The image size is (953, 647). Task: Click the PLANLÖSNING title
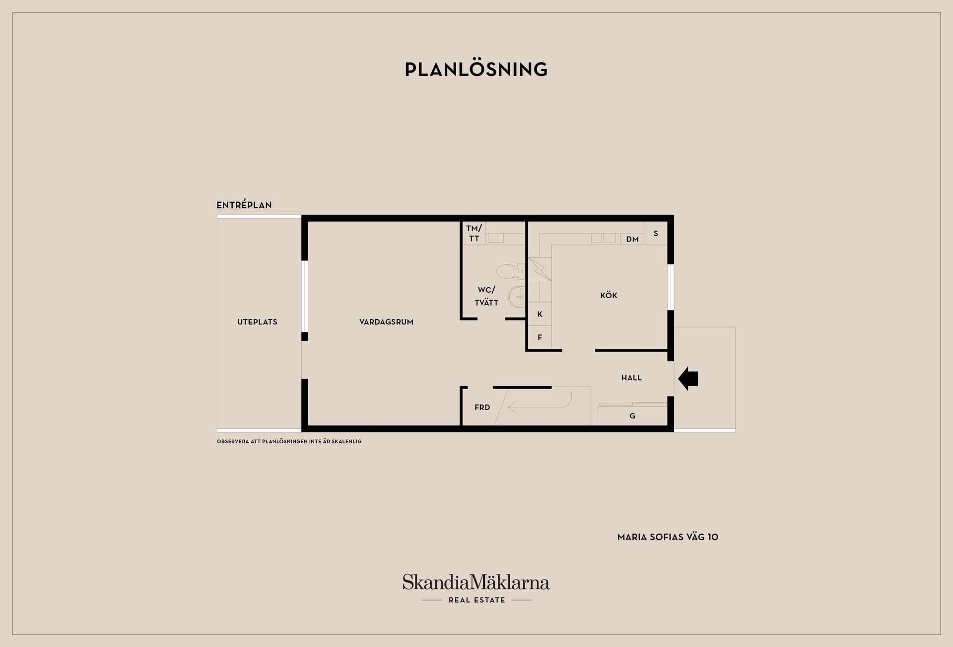tap(476, 69)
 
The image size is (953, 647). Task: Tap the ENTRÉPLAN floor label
tap(244, 205)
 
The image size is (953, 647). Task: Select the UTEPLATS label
tap(257, 322)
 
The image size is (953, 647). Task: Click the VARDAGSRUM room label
tap(386, 322)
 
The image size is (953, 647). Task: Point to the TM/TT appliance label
tap(474, 234)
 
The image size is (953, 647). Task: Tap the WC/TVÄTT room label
tap(486, 296)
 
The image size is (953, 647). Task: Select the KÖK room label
tap(609, 296)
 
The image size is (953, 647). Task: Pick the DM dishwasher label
tap(632, 240)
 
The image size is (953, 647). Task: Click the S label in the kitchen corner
tap(656, 234)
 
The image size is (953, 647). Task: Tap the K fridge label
tap(540, 314)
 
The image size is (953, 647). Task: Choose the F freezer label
tap(540, 337)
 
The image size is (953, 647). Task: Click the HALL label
tap(631, 378)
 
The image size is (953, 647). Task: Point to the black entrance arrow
tap(688, 379)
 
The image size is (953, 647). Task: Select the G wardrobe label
tap(632, 416)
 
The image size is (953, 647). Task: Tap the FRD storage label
tap(482, 407)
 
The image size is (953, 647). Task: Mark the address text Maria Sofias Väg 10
tap(668, 537)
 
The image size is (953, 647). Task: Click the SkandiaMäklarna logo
tap(476, 588)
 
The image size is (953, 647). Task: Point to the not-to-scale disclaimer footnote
tap(289, 441)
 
